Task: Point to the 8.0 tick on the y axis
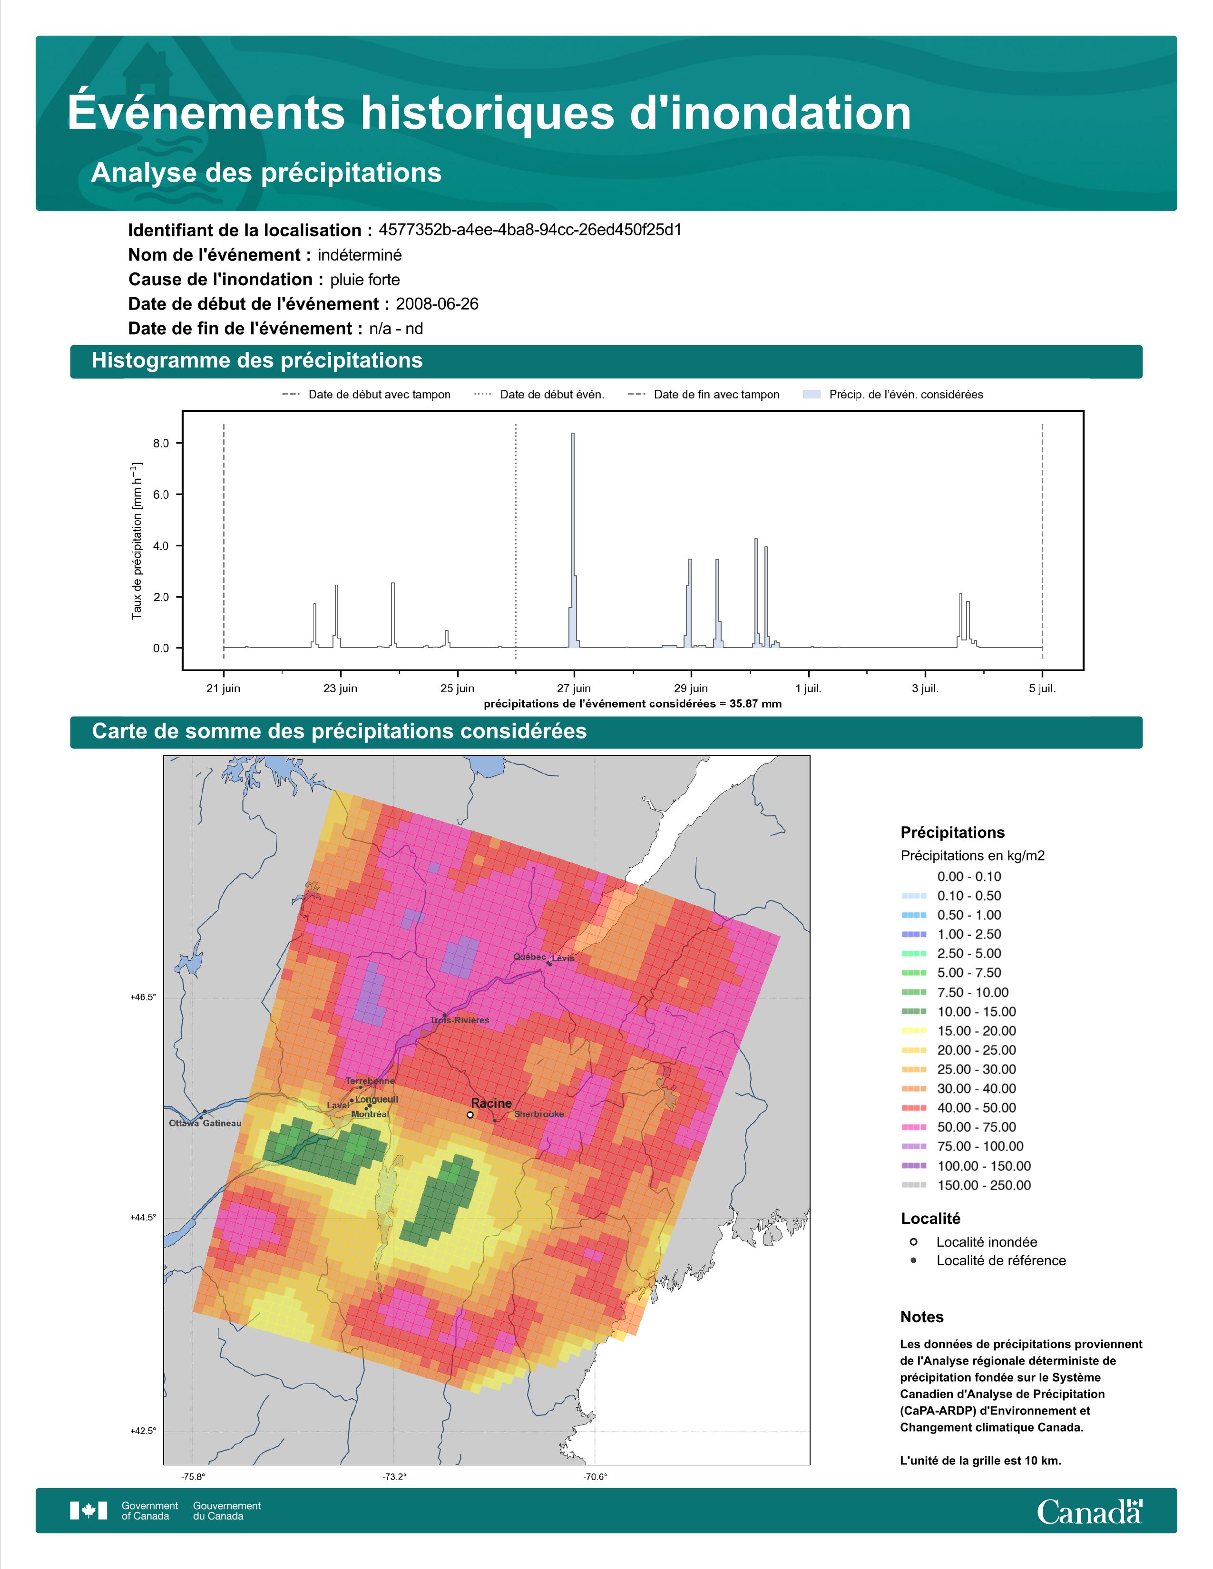coord(161,443)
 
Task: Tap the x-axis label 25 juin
coord(457,688)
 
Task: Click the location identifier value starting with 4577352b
coord(530,230)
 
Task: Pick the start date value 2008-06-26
coord(437,304)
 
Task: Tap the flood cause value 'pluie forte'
coord(365,280)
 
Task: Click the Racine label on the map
coord(491,1103)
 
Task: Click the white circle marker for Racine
coord(470,1115)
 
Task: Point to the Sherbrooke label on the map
coord(539,1114)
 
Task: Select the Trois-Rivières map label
coord(460,1020)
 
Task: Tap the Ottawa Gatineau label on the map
coord(205,1123)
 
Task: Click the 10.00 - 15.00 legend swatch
coord(913,1011)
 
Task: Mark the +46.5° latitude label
coord(143,997)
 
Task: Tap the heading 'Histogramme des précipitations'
coord(257,361)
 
